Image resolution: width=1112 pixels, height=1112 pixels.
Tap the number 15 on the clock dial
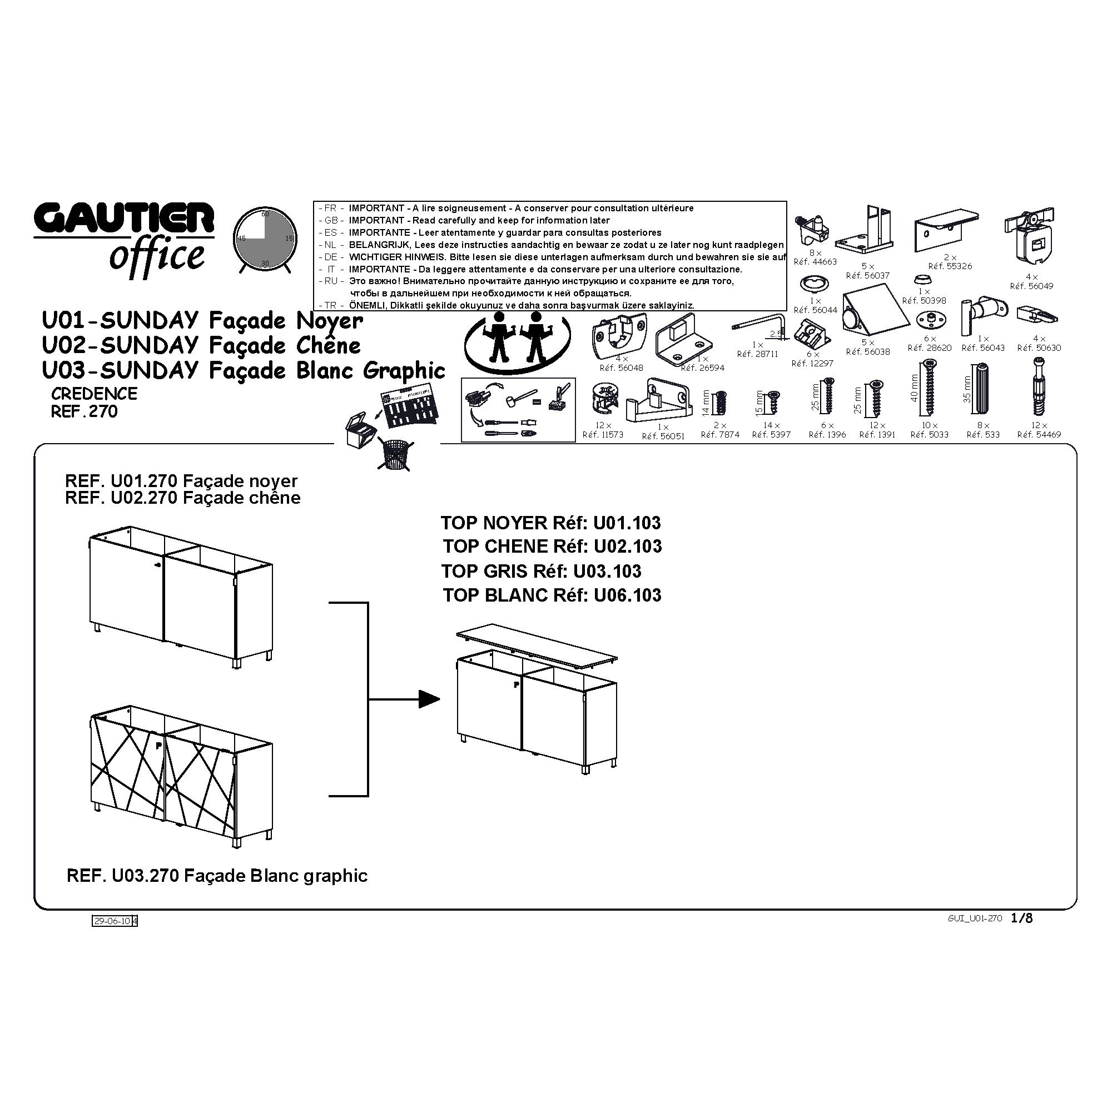[x=289, y=238]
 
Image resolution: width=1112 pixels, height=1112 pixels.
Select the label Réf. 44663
[x=815, y=262]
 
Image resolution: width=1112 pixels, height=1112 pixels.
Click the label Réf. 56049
[x=1031, y=286]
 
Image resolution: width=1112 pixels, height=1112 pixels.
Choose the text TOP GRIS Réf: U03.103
[x=541, y=571]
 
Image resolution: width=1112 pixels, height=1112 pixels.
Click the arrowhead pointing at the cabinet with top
[x=429, y=699]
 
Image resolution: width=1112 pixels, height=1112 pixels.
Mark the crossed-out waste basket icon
[x=396, y=456]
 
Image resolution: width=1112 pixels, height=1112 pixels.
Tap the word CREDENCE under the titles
[x=95, y=394]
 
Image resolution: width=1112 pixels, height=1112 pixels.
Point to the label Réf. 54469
[x=1039, y=435]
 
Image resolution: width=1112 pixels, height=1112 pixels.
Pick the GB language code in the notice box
[x=331, y=220]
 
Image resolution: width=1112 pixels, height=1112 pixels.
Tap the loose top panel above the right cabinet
[x=537, y=645]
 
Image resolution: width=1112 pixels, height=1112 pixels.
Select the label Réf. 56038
[x=868, y=352]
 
